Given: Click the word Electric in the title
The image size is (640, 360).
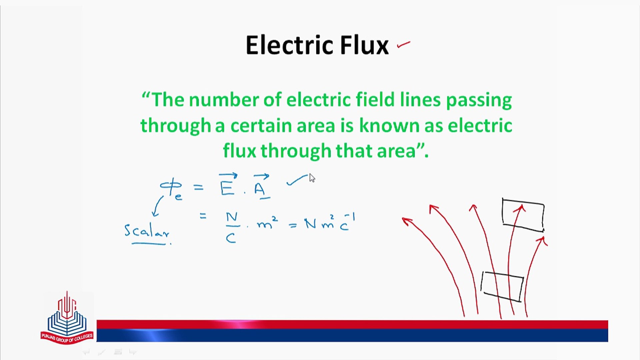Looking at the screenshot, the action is point(289,45).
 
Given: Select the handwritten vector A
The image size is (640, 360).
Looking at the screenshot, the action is point(261,186).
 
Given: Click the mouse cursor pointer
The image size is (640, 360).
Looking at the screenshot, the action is point(312,178).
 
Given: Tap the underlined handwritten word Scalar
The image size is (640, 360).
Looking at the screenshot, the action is point(147,233).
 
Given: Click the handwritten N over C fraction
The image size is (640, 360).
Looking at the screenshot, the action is point(232,228).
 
